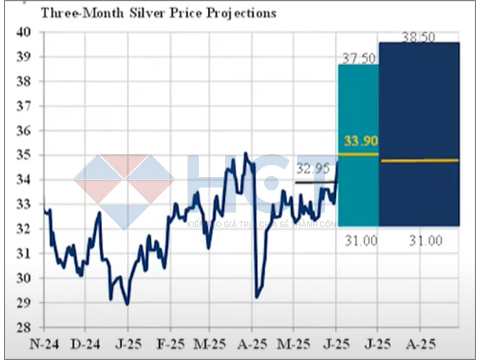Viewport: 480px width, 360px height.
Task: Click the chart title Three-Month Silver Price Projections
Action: point(158,13)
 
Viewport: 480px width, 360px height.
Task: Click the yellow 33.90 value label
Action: point(361,141)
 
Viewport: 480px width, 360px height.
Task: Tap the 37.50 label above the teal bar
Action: point(359,59)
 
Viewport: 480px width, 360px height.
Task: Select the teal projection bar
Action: point(358,186)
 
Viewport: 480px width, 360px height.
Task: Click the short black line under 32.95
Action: point(315,182)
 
